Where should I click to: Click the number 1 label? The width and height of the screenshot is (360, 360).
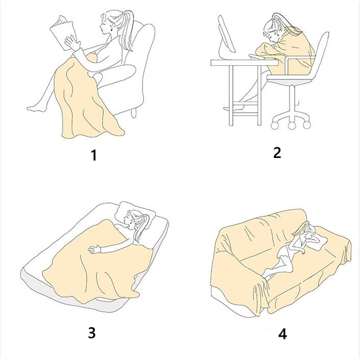(94, 155)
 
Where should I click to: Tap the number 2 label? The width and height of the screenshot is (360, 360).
(277, 152)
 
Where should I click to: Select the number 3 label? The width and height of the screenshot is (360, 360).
(92, 333)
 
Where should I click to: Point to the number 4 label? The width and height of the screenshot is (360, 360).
(283, 334)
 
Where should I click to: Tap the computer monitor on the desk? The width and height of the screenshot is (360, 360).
(226, 37)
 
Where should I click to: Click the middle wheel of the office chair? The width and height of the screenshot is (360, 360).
(292, 125)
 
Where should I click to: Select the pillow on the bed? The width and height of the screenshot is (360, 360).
(135, 215)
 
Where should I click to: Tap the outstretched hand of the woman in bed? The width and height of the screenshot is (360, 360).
(94, 249)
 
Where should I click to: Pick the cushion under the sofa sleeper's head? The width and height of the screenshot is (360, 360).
(318, 242)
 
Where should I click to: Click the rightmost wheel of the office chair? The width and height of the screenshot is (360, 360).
(307, 125)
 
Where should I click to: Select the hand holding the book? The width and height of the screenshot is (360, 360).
(72, 43)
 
